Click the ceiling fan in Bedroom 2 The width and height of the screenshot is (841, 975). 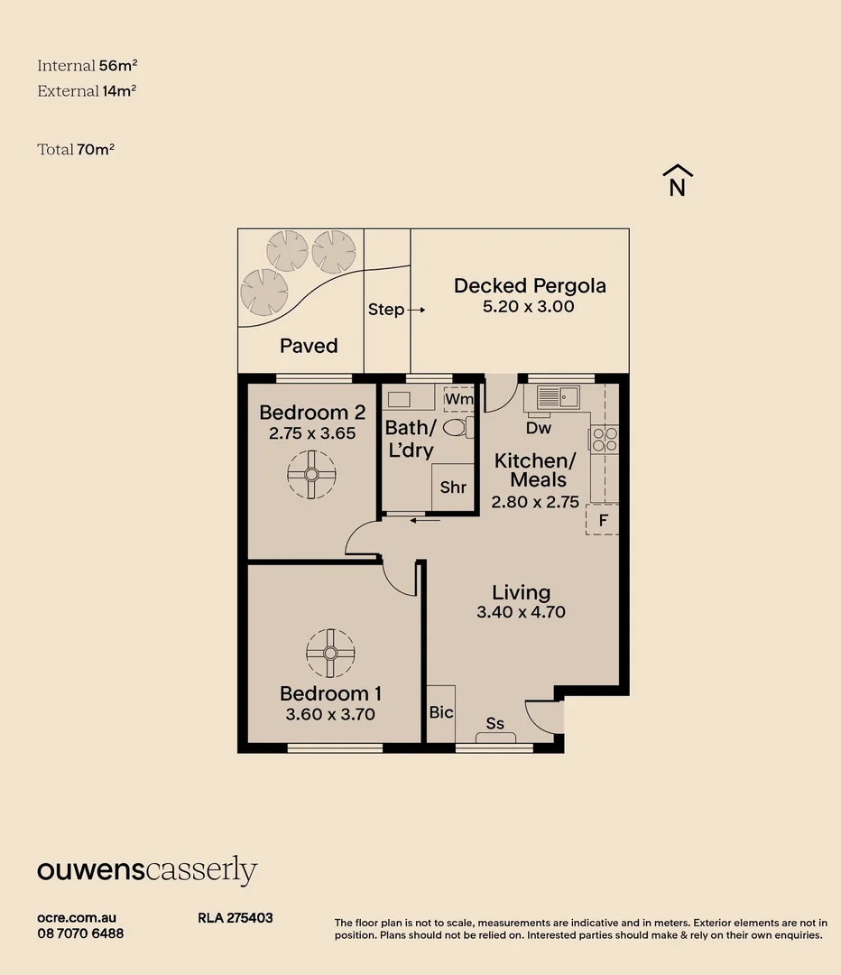(311, 475)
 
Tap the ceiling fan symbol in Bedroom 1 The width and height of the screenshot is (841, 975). (330, 653)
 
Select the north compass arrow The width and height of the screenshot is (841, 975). (678, 181)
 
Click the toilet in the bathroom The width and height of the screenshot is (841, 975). (458, 427)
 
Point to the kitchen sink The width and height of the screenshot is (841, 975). (558, 396)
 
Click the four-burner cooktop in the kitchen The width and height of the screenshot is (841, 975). (605, 439)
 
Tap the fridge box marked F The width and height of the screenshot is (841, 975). (602, 520)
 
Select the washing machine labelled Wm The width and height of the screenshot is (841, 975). (458, 399)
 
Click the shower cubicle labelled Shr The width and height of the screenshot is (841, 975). (452, 487)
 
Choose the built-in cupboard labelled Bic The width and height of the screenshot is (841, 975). (440, 713)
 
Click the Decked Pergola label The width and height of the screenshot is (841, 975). (530, 286)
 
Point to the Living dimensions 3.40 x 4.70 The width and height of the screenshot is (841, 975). (521, 612)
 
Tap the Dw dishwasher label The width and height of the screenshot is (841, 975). (539, 428)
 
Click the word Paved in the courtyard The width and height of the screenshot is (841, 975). (309, 346)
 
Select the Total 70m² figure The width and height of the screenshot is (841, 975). (76, 149)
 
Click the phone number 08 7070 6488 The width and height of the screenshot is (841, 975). (80, 933)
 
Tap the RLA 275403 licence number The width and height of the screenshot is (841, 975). (235, 918)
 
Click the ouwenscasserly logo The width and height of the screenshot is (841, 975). (147, 870)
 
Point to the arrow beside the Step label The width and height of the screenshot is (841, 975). (417, 310)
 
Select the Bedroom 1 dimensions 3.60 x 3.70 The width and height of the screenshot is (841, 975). (330, 714)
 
